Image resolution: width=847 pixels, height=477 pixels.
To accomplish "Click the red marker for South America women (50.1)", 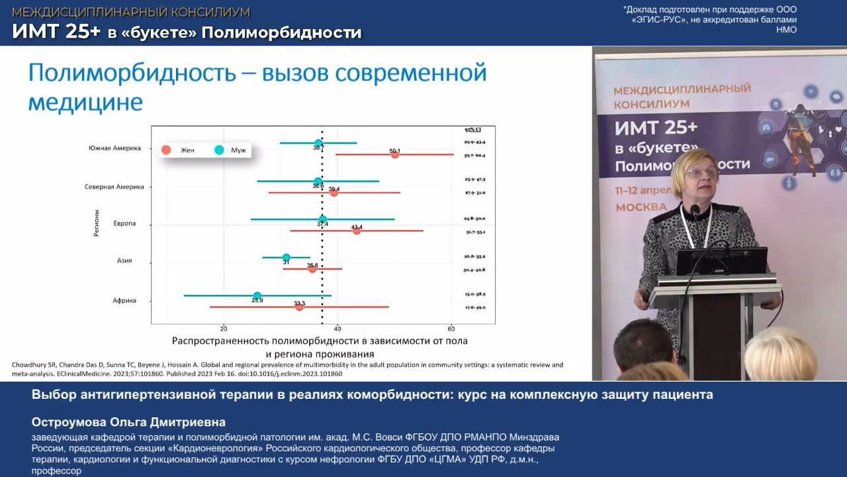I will pyautogui.click(x=395, y=154).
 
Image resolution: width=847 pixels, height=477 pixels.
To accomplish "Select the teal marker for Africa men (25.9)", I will pyautogui.click(x=257, y=296).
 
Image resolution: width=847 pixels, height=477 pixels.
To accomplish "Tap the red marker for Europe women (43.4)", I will pyautogui.click(x=357, y=231).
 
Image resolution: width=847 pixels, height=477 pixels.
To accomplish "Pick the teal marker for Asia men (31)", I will pyautogui.click(x=286, y=258).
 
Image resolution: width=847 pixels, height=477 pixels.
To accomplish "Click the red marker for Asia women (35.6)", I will pyautogui.click(x=312, y=269).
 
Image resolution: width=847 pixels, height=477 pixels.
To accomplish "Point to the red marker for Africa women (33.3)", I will pyautogui.click(x=299, y=307).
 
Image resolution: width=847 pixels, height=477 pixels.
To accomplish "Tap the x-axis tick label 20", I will pyautogui.click(x=224, y=329).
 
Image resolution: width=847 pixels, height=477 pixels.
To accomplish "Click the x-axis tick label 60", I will pyautogui.click(x=451, y=329).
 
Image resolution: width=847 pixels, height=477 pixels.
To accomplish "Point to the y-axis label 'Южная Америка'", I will pyautogui.click(x=114, y=148).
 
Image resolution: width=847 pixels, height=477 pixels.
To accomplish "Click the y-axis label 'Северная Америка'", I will pyautogui.click(x=114, y=187).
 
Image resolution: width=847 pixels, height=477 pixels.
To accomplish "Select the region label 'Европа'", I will pyautogui.click(x=124, y=224).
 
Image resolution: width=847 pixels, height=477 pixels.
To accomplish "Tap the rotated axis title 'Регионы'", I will pyautogui.click(x=97, y=223).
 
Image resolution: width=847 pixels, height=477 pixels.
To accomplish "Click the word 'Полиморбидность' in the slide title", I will pyautogui.click(x=131, y=72).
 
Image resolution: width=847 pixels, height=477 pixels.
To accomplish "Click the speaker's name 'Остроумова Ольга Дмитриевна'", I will pyautogui.click(x=128, y=422).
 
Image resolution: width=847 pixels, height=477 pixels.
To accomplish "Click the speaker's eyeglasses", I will pyautogui.click(x=701, y=173).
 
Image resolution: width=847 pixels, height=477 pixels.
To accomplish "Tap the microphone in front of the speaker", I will pyautogui.click(x=695, y=212).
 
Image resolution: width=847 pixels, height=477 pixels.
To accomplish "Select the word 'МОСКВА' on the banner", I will pyautogui.click(x=641, y=207).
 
